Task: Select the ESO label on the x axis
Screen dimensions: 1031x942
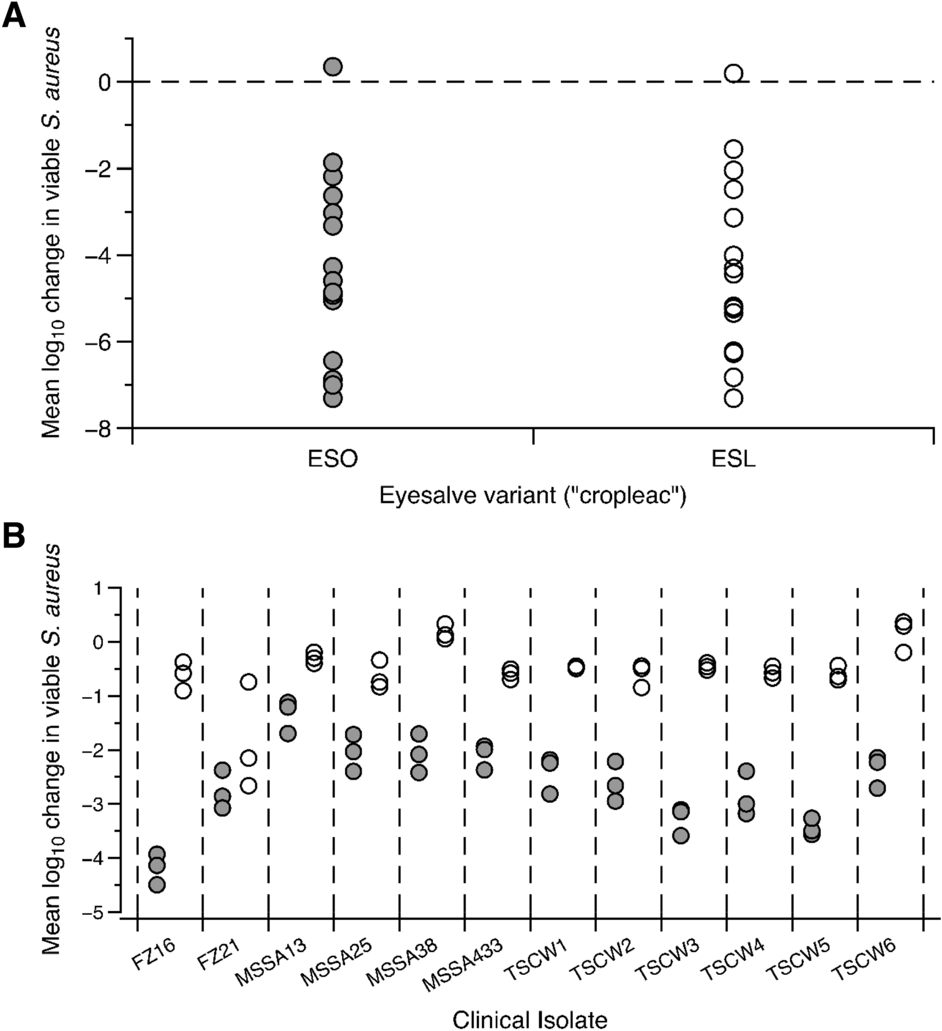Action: click(x=333, y=459)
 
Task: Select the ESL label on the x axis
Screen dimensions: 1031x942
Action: click(x=733, y=459)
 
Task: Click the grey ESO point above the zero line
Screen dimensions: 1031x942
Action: click(x=333, y=66)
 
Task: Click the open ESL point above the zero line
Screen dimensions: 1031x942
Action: click(x=733, y=73)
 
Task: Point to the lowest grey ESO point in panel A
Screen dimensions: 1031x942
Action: click(x=333, y=398)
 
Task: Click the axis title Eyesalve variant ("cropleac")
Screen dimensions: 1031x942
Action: click(x=533, y=496)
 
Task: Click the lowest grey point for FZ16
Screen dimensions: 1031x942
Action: click(x=157, y=885)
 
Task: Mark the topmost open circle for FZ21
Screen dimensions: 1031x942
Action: click(x=249, y=682)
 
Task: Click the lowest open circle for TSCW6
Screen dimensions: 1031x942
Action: click(x=904, y=652)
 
